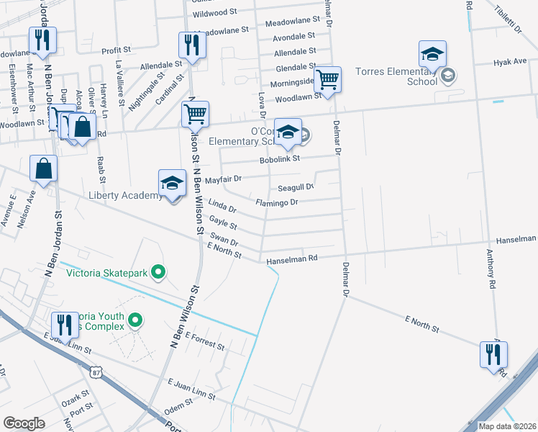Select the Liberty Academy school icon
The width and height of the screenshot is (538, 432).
pos(173,184)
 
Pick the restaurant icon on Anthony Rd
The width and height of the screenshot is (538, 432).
pos(494,354)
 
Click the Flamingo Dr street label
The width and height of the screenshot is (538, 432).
pos(277,203)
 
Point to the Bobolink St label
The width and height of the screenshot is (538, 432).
pos(279,158)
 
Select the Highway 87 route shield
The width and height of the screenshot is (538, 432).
pos(96,372)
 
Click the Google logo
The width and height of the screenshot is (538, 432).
pos(24,423)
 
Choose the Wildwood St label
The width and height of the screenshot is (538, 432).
pos(215,13)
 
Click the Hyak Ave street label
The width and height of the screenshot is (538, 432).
pos(510,63)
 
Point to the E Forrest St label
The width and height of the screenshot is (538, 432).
pos(204,341)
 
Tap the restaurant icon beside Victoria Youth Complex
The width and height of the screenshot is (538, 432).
pos(65,325)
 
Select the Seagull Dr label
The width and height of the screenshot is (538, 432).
pos(296,186)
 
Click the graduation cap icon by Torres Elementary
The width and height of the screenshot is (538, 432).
pos(432,54)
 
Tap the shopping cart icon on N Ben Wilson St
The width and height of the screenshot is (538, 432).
pos(196,114)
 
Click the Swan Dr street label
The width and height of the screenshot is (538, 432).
pos(223,239)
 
